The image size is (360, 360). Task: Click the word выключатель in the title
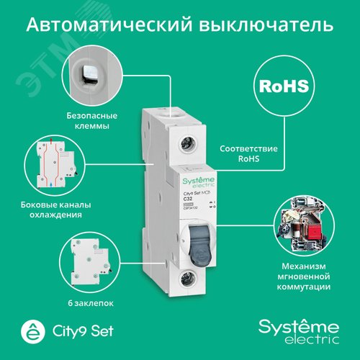coord(270,26)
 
